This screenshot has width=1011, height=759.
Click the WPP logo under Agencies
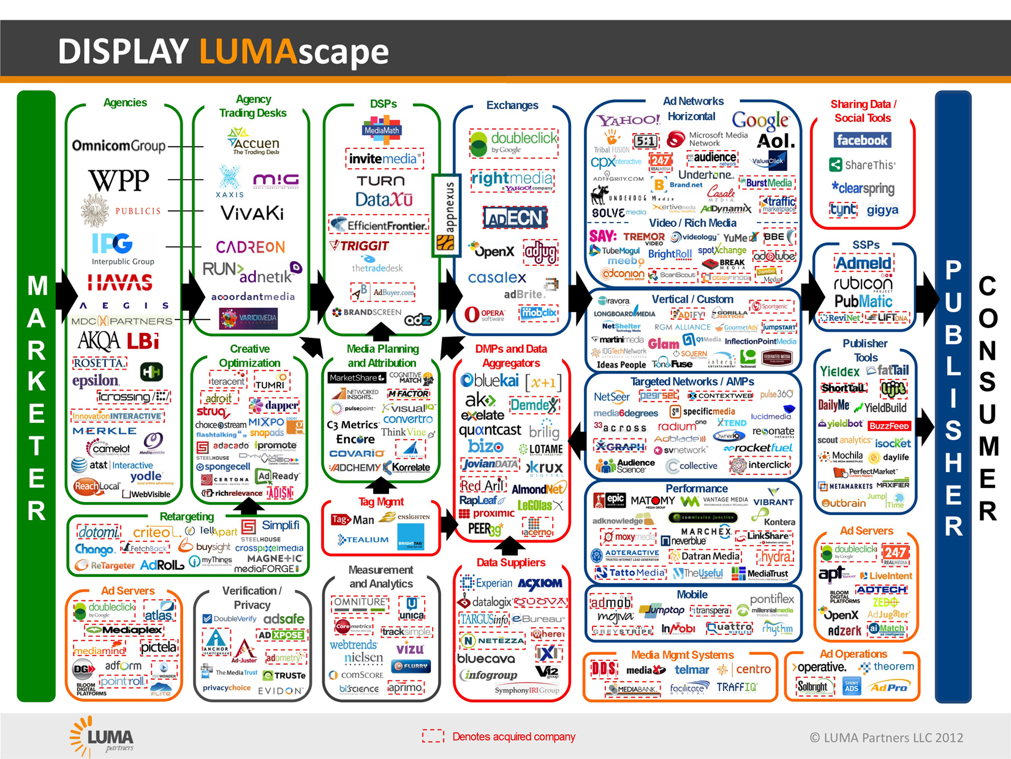click(119, 180)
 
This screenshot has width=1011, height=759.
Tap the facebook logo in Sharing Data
click(862, 140)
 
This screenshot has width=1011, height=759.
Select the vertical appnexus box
click(446, 215)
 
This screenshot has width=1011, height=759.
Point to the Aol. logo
click(776, 141)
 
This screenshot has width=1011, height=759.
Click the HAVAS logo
click(119, 283)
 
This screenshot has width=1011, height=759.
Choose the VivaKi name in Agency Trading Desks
click(252, 213)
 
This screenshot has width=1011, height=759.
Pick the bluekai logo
click(490, 381)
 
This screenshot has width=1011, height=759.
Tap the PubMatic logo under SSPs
click(863, 302)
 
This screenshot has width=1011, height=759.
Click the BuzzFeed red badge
click(889, 425)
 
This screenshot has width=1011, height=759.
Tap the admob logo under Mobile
click(610, 603)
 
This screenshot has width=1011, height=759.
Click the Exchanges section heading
click(512, 105)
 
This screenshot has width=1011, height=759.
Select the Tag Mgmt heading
click(381, 502)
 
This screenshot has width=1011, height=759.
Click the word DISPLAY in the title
click(123, 51)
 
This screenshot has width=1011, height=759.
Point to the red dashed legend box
click(433, 736)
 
